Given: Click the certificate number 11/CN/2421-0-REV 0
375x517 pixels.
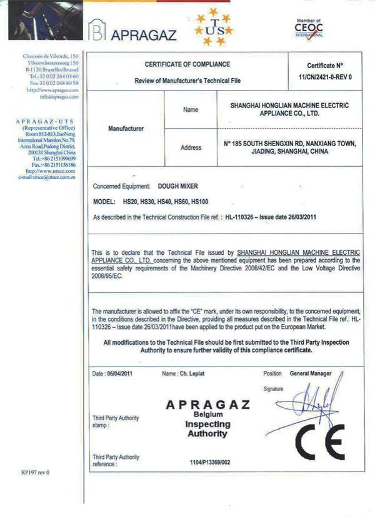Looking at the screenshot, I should (326, 76).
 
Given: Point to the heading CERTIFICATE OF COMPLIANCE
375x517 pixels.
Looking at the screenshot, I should (187, 64).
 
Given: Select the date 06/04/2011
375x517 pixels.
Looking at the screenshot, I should (120, 373).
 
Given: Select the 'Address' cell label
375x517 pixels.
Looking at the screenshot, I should (191, 148).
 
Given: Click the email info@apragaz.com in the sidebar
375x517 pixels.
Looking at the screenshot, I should (59, 97).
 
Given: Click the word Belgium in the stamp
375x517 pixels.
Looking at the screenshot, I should (209, 414).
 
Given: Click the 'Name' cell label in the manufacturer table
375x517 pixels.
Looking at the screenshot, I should (191, 110).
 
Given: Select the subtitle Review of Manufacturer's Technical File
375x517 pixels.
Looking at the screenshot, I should (187, 81).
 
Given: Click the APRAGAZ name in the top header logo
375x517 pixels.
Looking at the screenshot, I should (144, 34).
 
